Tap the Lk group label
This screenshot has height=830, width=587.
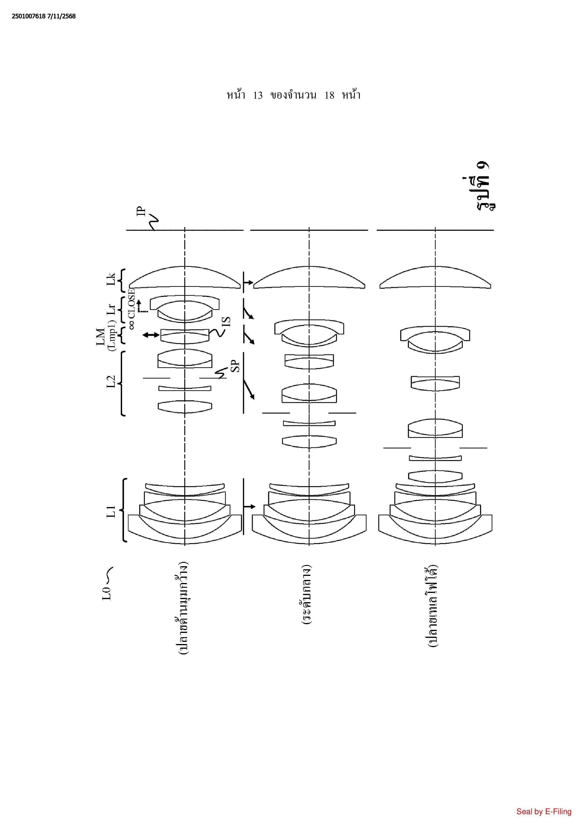(111, 279)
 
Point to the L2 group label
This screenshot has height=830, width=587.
(111, 381)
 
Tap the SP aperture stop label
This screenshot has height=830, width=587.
(235, 366)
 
